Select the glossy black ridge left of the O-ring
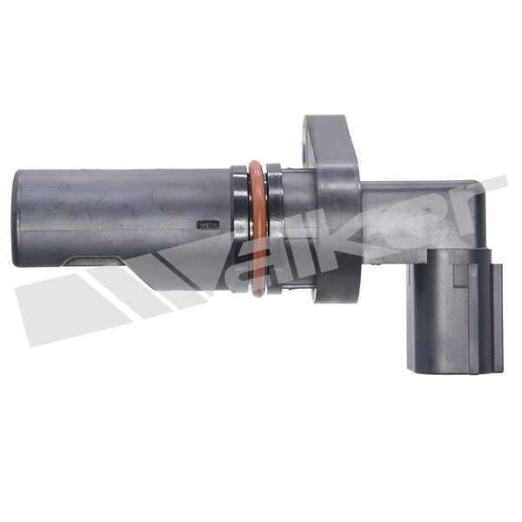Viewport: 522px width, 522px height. point(240,230)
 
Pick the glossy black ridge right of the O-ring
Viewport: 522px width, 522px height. point(275,230)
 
